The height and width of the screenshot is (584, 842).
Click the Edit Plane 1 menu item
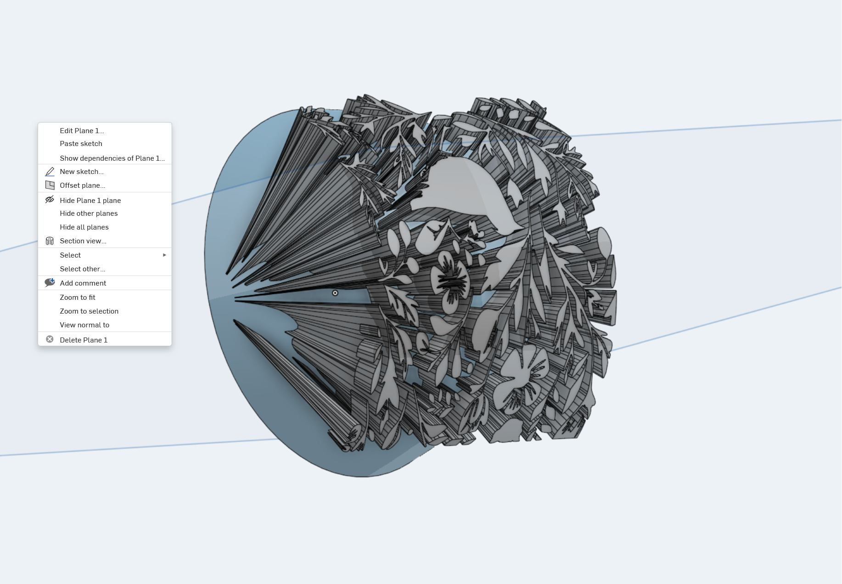(x=82, y=131)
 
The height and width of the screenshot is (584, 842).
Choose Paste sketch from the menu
(x=81, y=144)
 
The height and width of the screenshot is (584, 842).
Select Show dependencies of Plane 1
(x=112, y=158)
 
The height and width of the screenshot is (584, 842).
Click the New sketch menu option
(x=82, y=172)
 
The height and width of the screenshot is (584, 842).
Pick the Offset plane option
(x=82, y=185)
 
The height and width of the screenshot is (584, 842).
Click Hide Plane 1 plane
(x=90, y=201)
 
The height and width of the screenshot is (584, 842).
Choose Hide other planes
(x=89, y=213)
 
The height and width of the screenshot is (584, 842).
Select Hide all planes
(x=84, y=227)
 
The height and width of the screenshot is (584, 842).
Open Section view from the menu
(x=83, y=241)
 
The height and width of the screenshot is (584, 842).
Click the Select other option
(x=83, y=269)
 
